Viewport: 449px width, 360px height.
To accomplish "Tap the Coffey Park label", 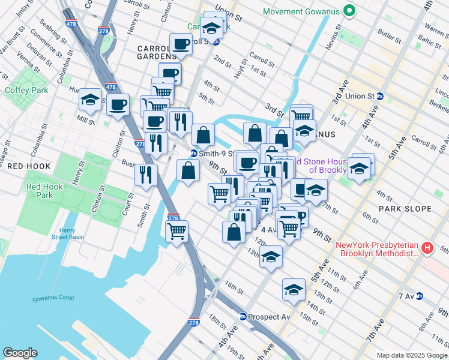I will pos(22,91).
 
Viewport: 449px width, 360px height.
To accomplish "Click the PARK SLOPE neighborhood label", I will pos(405,209).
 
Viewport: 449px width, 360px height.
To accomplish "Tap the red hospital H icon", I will pos(427,247).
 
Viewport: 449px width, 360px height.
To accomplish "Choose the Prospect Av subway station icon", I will pos(243,316).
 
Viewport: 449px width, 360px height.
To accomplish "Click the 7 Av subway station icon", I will pos(420,296).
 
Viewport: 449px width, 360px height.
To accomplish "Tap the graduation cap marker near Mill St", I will pos(90,100).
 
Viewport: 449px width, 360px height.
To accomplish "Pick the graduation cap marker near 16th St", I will pos(294,290).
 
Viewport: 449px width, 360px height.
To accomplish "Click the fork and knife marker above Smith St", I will pos(146,175).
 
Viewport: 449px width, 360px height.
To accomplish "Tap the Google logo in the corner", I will pos(20,353).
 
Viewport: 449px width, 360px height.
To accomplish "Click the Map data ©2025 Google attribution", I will pos(411,355).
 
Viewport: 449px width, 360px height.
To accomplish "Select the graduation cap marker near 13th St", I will pos(271,256).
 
